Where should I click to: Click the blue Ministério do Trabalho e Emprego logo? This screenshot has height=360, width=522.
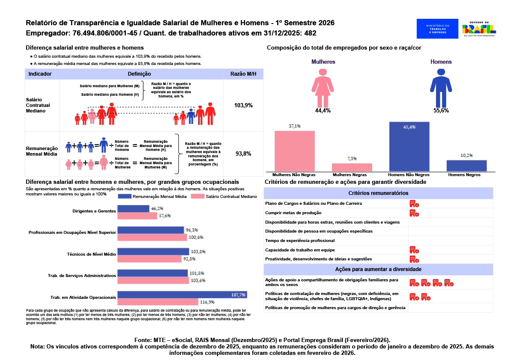(x=437, y=29)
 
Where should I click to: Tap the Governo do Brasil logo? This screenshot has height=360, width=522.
(x=479, y=29)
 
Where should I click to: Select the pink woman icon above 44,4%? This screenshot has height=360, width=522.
(x=323, y=88)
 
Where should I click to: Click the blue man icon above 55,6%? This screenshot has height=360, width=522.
(x=441, y=88)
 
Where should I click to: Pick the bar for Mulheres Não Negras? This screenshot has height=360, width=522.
(x=294, y=151)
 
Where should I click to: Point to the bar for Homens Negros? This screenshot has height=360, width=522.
(x=466, y=166)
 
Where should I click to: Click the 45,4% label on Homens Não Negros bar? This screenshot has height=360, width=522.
(x=409, y=127)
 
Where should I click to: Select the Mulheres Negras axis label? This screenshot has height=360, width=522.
(x=350, y=174)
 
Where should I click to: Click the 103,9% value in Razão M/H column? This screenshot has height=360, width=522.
(x=243, y=105)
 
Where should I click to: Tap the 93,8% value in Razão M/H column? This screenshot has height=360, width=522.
(x=243, y=153)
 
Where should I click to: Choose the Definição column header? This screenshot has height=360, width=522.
(x=139, y=74)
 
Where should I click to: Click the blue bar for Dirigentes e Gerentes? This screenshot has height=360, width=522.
(x=133, y=209)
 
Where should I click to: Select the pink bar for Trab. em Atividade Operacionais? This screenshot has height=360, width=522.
(x=158, y=302)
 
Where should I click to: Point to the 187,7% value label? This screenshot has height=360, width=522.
(x=238, y=295)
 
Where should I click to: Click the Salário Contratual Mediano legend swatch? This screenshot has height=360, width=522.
(x=198, y=196)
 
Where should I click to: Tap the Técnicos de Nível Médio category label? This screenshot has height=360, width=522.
(x=92, y=254)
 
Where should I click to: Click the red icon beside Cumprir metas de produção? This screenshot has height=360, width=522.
(x=414, y=213)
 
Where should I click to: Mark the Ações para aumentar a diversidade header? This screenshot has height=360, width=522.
(x=378, y=269)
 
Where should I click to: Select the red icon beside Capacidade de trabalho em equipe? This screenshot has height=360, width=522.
(x=414, y=250)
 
